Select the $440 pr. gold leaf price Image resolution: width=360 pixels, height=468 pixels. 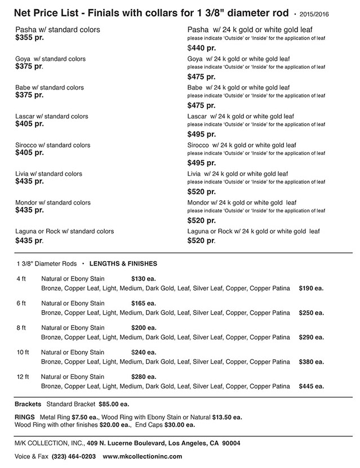201,48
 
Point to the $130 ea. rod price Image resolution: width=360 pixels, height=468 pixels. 143,279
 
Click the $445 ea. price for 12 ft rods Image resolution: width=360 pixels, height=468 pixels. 311,386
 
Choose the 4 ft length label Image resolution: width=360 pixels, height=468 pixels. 21,279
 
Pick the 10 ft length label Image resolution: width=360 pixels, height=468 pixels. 23,352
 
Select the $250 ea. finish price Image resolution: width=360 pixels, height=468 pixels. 311,312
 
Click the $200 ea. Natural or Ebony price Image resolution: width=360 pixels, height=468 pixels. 143,328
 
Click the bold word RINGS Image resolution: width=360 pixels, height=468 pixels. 25,417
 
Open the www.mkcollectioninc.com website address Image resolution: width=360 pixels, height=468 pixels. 143,456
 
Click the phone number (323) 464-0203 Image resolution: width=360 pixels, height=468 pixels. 73,456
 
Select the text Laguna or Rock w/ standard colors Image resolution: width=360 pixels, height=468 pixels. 64,231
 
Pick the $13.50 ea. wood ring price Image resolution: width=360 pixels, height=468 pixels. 227,417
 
